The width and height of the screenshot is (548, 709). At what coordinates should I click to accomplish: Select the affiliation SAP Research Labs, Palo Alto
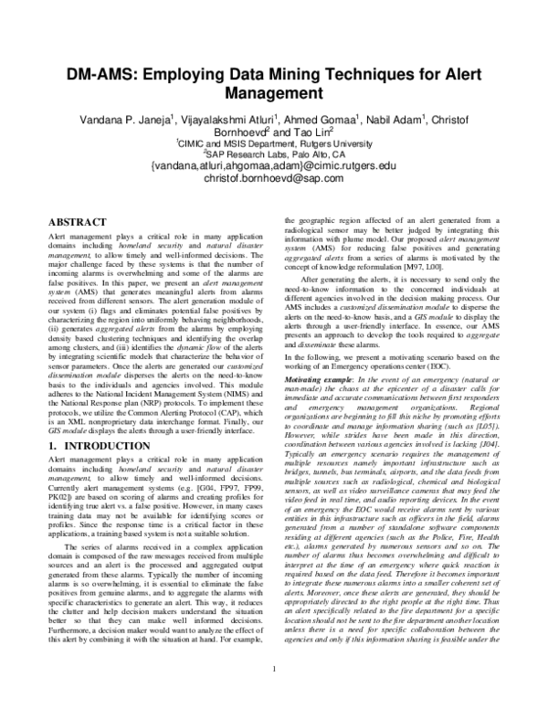tap(274, 154)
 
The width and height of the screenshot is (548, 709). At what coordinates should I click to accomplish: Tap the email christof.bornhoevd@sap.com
tap(274, 178)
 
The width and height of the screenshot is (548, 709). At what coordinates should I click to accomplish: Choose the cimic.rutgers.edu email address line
tap(274, 166)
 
